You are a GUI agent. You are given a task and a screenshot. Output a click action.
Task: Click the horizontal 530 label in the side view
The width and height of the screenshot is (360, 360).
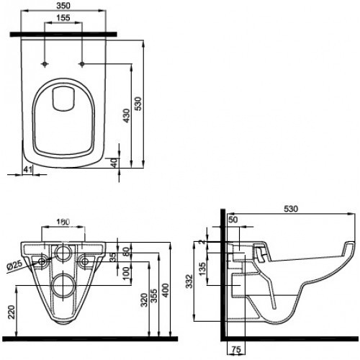[x=290, y=209]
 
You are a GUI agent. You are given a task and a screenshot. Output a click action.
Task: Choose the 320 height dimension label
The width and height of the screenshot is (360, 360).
[x=145, y=302]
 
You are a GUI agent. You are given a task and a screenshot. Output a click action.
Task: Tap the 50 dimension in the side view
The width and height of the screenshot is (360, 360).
[x=233, y=220]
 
